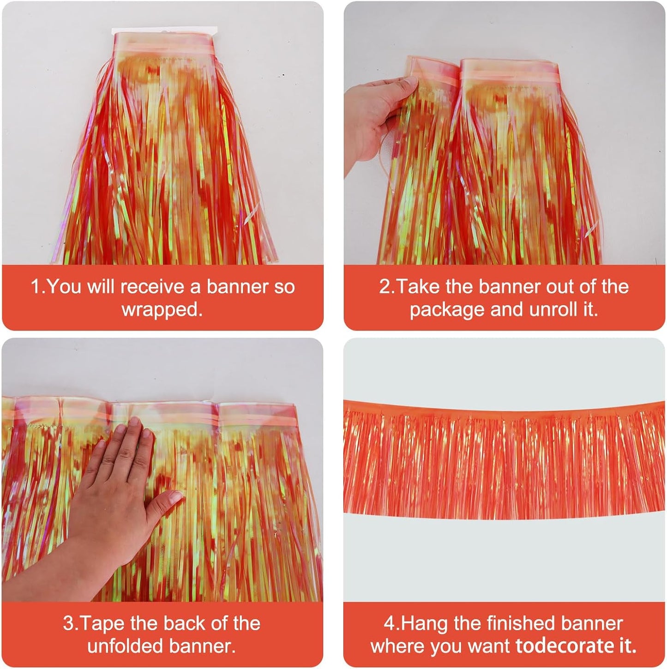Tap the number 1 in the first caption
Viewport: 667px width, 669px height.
pos(35,287)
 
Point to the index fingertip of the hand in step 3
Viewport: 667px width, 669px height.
pos(135,422)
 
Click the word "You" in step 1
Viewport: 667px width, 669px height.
pos(64,287)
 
